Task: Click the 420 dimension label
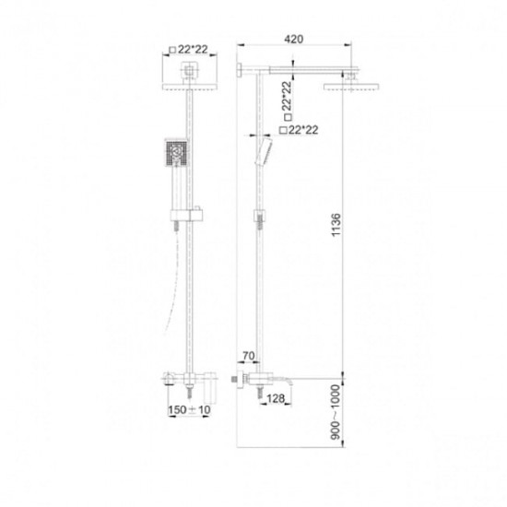pos(293,39)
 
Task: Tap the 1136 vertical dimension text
pos(336,224)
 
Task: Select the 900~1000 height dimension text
pos(336,412)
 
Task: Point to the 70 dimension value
pos(248,356)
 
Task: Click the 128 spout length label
pos(276,398)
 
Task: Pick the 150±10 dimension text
pos(189,409)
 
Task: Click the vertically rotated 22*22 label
pos(287,100)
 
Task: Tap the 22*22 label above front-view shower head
pos(189,50)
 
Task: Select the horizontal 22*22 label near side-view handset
pos(299,130)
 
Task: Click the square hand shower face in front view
pos(177,152)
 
